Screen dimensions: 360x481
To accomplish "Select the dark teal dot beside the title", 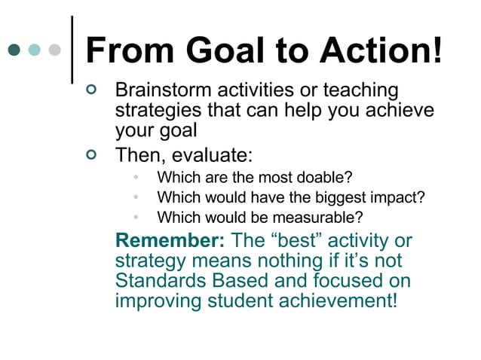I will pyautogui.click(x=14, y=51).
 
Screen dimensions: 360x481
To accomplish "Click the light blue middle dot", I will pyautogui.click(x=35, y=51).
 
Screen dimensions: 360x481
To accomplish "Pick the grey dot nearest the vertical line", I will pyautogui.click(x=54, y=51).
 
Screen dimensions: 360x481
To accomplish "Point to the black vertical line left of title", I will pyautogui.click(x=72, y=49).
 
